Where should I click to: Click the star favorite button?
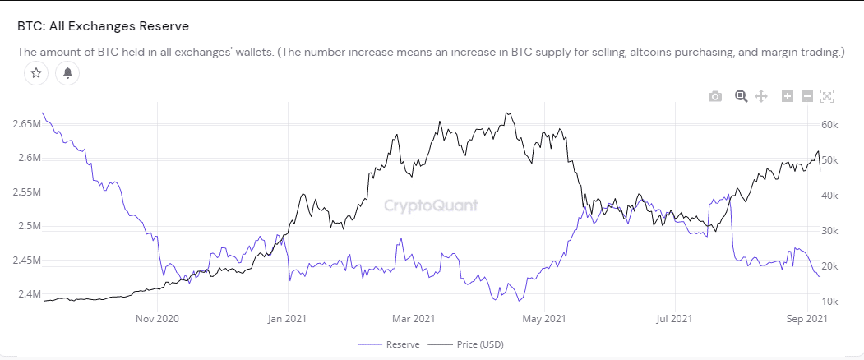(x=36, y=73)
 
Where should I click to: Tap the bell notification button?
(x=67, y=73)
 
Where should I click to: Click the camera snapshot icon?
(x=715, y=97)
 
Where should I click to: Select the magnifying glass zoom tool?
(x=741, y=96)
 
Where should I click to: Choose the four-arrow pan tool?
(x=761, y=97)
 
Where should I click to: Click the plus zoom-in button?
(x=788, y=97)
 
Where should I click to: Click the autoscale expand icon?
(x=827, y=97)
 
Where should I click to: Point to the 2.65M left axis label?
(x=26, y=123)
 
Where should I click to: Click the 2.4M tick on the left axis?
(x=28, y=294)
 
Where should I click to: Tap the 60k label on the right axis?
(x=829, y=124)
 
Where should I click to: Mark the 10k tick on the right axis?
(x=829, y=302)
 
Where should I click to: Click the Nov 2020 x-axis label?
(x=157, y=318)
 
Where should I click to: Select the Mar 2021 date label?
(x=414, y=318)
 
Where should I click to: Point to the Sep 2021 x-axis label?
(x=806, y=318)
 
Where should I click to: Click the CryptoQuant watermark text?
(x=431, y=205)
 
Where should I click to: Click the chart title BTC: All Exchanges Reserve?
(x=103, y=26)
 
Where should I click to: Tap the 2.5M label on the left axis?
(x=28, y=226)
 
